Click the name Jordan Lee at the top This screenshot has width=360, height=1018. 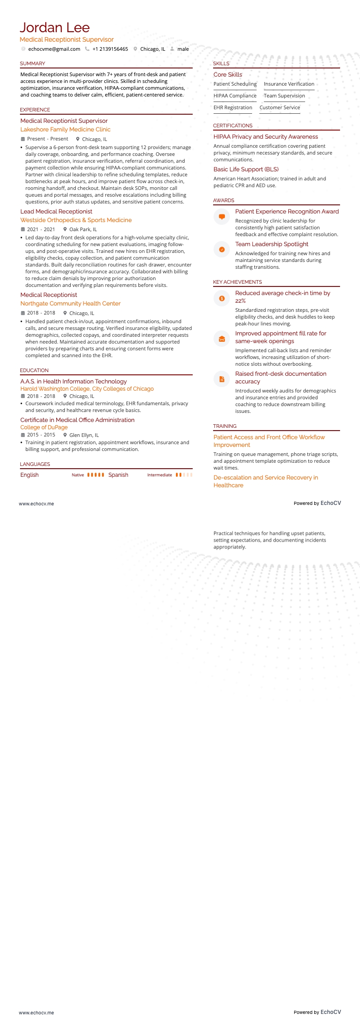pyautogui.click(x=54, y=28)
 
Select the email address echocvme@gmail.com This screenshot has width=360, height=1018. pyautogui.click(x=54, y=49)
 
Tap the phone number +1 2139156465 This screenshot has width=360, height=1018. pyautogui.click(x=110, y=49)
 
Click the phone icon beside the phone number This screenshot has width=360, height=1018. pyautogui.click(x=87, y=49)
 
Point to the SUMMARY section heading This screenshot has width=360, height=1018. pyautogui.click(x=33, y=63)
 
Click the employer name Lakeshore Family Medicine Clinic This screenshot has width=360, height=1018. pyautogui.click(x=65, y=129)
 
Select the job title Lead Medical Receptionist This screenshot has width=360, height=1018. pyautogui.click(x=56, y=211)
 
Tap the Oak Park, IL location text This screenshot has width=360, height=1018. pyautogui.click(x=83, y=229)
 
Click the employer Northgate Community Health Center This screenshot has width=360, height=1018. pyautogui.click(x=70, y=303)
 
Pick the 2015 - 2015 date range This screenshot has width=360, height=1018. pyautogui.click(x=41, y=435)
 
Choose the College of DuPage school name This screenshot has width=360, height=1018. pyautogui.click(x=44, y=427)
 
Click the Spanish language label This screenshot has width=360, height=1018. pyautogui.click(x=118, y=475)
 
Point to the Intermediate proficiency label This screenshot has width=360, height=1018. pyautogui.click(x=160, y=475)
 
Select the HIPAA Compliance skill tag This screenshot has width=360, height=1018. pyautogui.click(x=235, y=96)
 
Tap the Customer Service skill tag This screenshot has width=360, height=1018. pyautogui.click(x=280, y=107)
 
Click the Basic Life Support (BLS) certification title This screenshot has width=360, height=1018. pyautogui.click(x=246, y=169)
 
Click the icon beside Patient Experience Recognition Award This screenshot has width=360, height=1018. pyautogui.click(x=222, y=217)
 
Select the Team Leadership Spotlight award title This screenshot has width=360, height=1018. pyautogui.click(x=272, y=244)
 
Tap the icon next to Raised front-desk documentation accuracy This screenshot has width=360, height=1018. pyautogui.click(x=222, y=379)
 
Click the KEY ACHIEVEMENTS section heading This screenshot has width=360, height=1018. pyautogui.click(x=238, y=282)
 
